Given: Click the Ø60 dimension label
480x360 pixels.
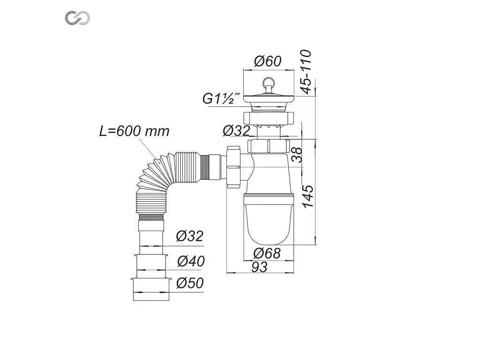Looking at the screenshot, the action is click(x=268, y=61).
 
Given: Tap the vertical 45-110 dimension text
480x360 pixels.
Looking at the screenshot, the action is click(x=306, y=72).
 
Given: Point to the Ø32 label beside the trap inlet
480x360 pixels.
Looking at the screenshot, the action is click(x=236, y=131).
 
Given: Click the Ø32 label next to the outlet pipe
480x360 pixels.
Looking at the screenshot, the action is click(x=189, y=236).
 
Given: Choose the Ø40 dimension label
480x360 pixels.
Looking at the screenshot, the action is click(x=191, y=261).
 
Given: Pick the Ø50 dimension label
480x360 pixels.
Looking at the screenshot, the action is click(x=190, y=283).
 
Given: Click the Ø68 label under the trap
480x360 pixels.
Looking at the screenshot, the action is click(x=267, y=254).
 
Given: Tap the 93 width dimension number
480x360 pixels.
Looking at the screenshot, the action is click(x=259, y=267).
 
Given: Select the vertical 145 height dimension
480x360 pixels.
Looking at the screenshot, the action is click(x=308, y=196).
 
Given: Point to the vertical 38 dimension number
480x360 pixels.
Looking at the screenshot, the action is click(x=297, y=155).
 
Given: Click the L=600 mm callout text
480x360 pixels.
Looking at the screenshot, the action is click(x=134, y=131).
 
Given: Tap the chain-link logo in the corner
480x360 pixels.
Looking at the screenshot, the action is click(x=77, y=18).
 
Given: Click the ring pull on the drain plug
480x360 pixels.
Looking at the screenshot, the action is click(x=269, y=82).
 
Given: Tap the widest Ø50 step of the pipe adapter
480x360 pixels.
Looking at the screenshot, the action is click(x=150, y=289).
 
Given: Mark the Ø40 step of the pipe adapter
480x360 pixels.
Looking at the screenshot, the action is click(x=150, y=266).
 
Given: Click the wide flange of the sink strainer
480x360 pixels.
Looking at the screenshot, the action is click(x=269, y=98).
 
